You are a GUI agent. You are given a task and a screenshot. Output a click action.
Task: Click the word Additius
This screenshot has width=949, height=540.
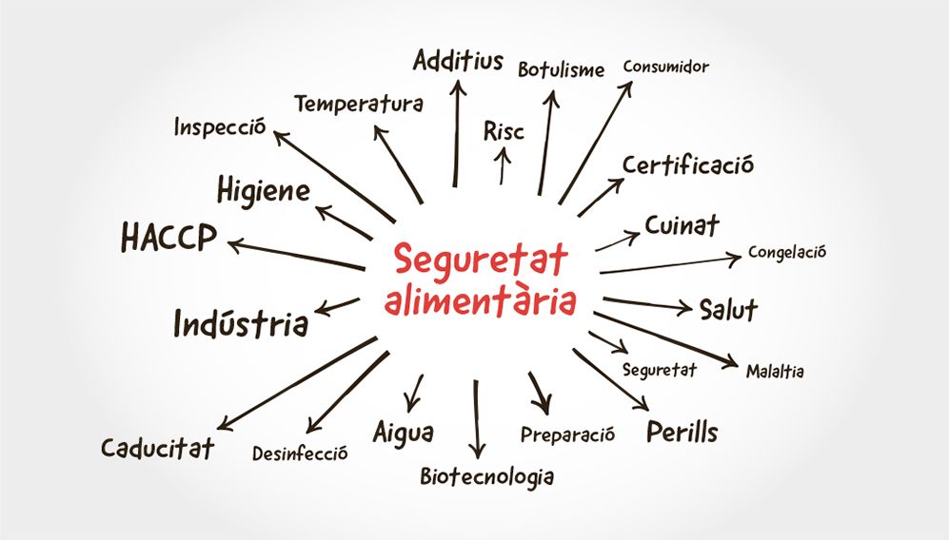click(458, 61)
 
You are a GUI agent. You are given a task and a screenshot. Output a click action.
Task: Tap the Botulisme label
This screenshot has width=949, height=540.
click(561, 69)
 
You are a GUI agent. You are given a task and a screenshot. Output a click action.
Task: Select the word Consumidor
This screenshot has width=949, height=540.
click(665, 66)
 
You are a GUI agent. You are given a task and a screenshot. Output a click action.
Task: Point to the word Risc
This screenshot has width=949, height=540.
click(504, 131)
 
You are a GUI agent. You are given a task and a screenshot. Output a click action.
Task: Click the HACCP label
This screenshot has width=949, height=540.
click(168, 237)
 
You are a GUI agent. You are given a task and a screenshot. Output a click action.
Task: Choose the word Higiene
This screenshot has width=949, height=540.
click(264, 191)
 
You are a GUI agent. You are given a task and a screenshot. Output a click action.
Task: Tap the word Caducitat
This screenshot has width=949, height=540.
click(157, 448)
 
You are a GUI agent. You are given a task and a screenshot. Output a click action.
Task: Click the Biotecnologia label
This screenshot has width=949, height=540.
click(487, 476)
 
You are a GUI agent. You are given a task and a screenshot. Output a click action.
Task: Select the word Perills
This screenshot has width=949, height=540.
click(682, 432)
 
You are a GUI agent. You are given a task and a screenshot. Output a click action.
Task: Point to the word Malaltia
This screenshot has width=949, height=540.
click(775, 371)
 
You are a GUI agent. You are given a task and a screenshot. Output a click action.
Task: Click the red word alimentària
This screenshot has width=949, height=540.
click(480, 300)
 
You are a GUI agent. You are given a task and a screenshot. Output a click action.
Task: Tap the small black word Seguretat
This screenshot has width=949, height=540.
click(660, 370)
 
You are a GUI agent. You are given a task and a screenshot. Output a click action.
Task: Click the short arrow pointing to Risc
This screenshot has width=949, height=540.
click(503, 165)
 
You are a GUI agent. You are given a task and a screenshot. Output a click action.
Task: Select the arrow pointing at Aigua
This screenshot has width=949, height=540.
click(414, 393)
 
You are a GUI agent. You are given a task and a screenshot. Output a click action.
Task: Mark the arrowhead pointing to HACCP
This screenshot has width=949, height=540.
click(235, 245)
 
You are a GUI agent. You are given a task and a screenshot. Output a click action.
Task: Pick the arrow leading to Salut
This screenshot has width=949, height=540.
click(647, 304)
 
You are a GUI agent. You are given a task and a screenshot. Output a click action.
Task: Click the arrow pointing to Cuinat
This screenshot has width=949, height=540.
click(618, 241)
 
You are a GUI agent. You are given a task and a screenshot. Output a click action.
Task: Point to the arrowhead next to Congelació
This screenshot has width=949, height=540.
click(734, 260)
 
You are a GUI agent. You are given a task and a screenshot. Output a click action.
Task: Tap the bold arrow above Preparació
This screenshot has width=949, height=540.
click(541, 393)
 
